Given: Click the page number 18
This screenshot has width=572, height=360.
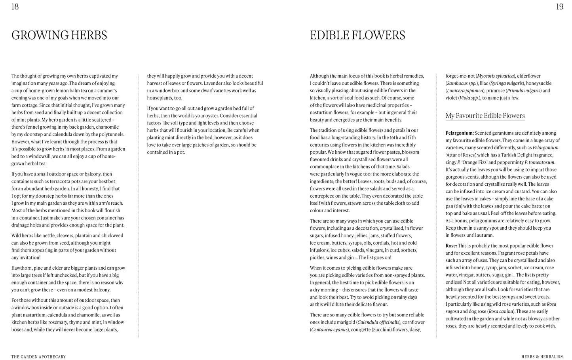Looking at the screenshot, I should (x=15, y=7).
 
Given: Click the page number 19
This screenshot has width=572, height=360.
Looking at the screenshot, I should (x=559, y=7).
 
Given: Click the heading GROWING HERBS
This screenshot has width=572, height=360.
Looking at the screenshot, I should (x=59, y=35).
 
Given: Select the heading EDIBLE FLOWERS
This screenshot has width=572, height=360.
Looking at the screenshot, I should (x=357, y=35).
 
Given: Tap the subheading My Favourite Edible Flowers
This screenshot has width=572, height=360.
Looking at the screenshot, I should (x=485, y=116).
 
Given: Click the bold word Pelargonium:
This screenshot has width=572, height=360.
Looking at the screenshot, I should (x=460, y=133).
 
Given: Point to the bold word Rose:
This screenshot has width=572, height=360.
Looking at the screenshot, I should (x=451, y=246).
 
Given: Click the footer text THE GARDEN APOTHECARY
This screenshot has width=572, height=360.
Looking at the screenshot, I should (x=38, y=357).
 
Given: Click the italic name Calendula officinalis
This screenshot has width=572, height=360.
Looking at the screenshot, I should (x=378, y=322).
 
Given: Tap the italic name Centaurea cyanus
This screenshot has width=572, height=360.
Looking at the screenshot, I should (x=329, y=330).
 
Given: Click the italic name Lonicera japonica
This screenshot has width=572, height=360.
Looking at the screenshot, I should (x=465, y=91).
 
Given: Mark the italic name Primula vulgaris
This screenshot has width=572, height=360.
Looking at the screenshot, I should (x=524, y=91).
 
